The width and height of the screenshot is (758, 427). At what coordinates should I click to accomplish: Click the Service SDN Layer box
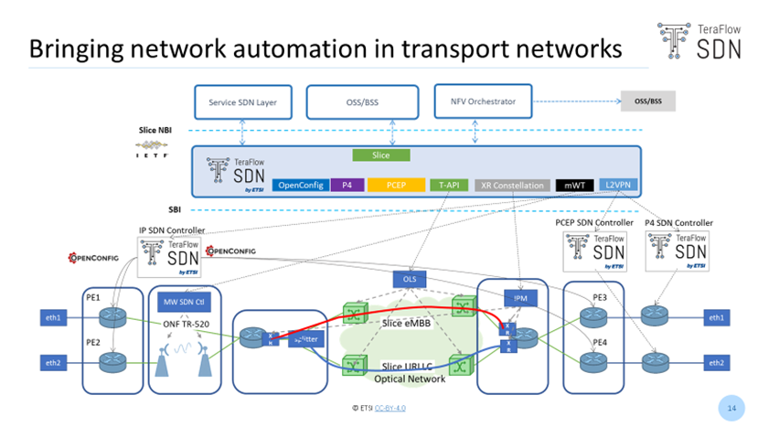[243, 102]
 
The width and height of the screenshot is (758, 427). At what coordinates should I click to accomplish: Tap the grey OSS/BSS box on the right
[647, 101]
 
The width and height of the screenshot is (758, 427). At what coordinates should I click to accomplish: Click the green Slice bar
[380, 155]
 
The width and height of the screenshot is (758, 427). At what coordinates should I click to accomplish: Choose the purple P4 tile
[347, 185]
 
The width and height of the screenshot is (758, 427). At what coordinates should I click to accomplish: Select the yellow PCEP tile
[396, 185]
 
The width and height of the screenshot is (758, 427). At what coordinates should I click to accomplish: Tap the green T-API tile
[449, 185]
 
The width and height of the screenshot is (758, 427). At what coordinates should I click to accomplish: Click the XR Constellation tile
[512, 186]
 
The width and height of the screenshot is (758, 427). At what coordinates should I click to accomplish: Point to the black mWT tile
[574, 186]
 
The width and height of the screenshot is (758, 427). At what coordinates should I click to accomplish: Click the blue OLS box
[410, 278]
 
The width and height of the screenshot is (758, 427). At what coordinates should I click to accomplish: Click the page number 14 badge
[731, 405]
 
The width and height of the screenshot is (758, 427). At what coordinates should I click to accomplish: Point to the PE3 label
[600, 298]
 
